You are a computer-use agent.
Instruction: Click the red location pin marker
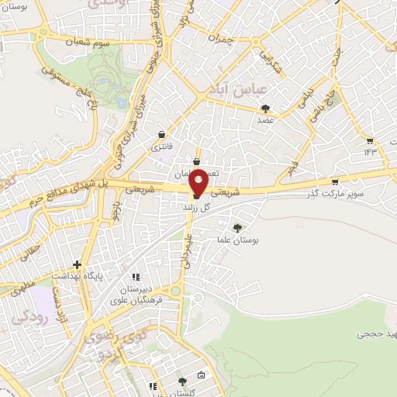198,183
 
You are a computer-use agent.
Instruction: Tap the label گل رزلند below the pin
197,209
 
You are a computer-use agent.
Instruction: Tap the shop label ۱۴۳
368,152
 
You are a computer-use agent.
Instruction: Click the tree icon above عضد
266,109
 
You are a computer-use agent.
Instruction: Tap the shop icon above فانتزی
162,133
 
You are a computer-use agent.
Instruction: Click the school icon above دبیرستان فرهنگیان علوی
136,276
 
